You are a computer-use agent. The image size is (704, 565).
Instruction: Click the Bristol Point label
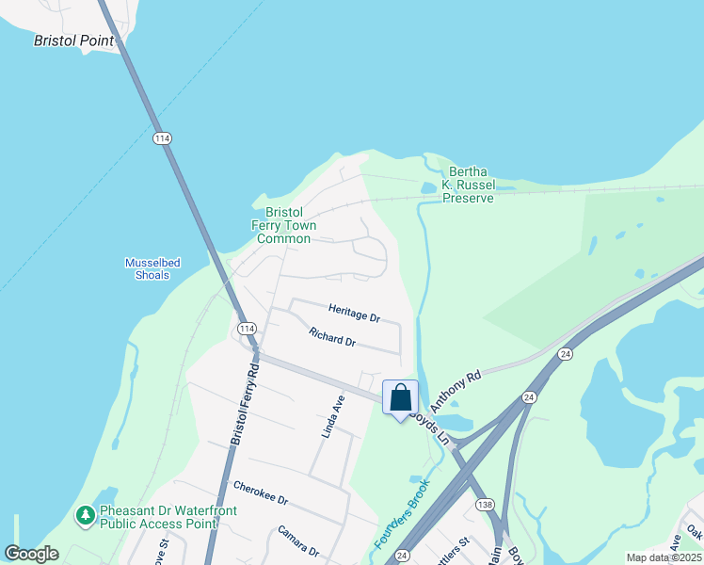(x=73, y=40)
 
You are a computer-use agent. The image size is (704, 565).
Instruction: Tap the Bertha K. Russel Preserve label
(x=468, y=185)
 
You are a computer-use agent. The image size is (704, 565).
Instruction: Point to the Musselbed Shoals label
(x=152, y=268)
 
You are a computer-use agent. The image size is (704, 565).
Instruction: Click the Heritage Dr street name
(x=354, y=313)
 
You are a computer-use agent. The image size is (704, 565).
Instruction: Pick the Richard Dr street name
(x=332, y=336)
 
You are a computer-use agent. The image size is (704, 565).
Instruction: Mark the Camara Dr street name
(x=299, y=541)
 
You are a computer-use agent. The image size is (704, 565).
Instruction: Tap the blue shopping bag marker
(x=400, y=398)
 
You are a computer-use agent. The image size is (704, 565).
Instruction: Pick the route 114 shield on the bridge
(x=162, y=138)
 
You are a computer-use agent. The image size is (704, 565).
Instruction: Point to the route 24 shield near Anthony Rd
(x=565, y=354)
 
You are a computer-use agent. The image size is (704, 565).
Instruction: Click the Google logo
(x=32, y=554)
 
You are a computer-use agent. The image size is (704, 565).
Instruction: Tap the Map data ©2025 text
(x=664, y=557)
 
